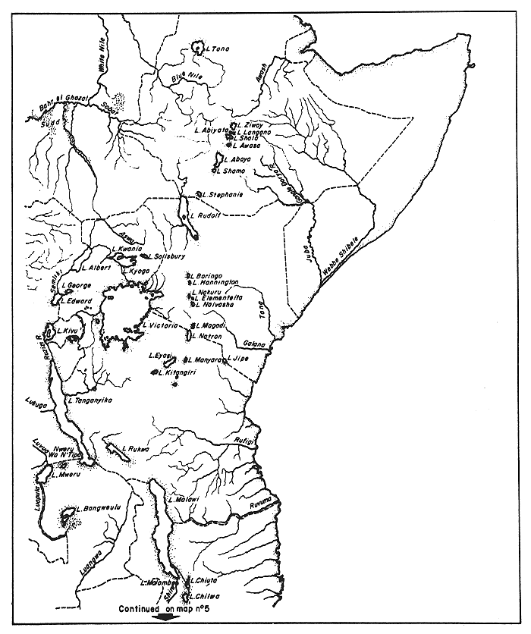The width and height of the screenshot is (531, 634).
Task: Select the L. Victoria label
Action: (x=162, y=325)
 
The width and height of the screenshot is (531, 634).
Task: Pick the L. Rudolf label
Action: (x=205, y=215)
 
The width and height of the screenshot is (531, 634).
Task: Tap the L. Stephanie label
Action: (x=222, y=195)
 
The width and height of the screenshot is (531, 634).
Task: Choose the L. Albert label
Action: (x=96, y=268)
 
